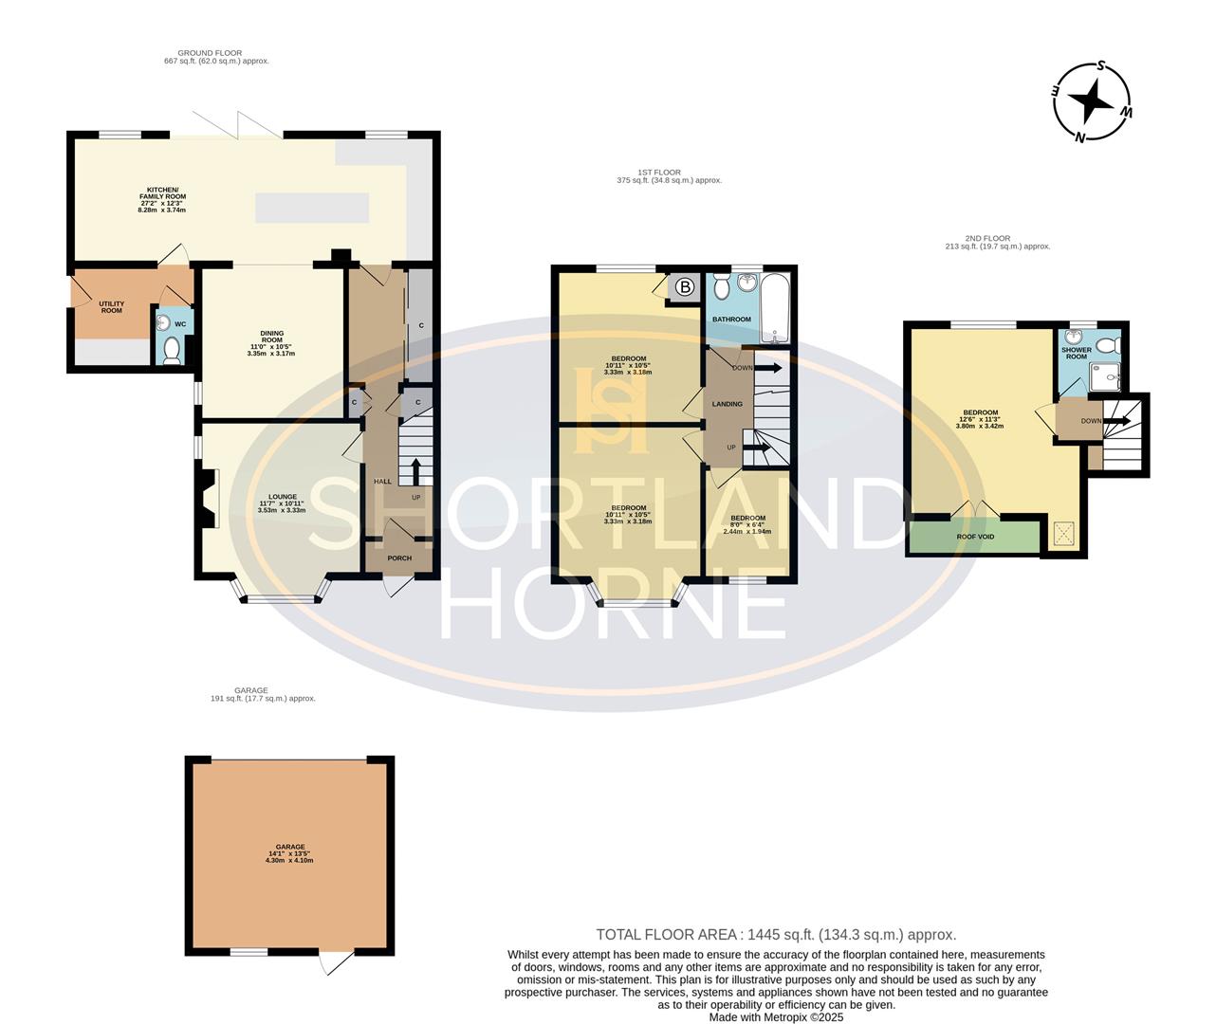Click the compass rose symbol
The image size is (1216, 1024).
[x=1093, y=101]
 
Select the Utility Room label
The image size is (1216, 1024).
[x=112, y=307]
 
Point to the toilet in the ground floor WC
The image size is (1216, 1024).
[x=172, y=351]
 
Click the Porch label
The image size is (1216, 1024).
[x=399, y=558]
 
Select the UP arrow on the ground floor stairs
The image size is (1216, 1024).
[x=415, y=471]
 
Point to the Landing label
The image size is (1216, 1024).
[x=728, y=404]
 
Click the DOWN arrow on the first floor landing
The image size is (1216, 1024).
[x=768, y=368]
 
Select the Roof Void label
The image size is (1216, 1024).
[x=975, y=537]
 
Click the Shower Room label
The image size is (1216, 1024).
[x=1076, y=353]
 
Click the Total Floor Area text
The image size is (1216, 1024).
[x=775, y=934]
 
